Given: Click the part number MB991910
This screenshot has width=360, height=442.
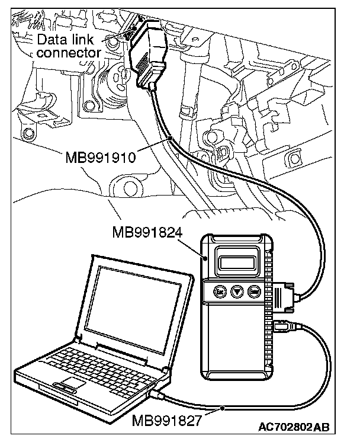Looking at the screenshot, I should click(x=102, y=158).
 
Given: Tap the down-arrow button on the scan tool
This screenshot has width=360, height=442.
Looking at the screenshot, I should click(x=236, y=292).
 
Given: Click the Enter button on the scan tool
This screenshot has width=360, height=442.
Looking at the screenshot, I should click(x=255, y=292).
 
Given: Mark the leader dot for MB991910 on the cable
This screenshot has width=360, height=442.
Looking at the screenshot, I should click(x=170, y=138).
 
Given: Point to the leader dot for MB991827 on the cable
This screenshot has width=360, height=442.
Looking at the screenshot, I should click(x=222, y=408).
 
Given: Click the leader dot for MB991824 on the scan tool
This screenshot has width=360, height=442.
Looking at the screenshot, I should click(x=205, y=258).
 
